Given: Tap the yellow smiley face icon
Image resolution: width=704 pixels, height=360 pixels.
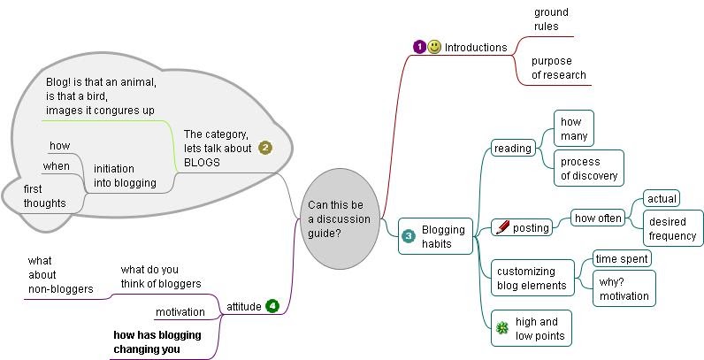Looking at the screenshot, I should pos(434,47).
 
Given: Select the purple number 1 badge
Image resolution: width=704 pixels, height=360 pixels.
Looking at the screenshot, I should pos(419,47).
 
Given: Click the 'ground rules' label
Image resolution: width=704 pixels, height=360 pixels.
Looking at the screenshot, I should pos(551,19).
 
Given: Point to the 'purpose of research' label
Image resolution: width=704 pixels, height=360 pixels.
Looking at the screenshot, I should pos(558,68).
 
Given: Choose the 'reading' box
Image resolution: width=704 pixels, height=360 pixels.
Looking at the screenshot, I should pos(513,149).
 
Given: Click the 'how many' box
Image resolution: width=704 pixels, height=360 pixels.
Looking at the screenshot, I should pos(572,129).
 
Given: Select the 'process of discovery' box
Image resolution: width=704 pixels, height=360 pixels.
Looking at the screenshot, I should pos(588,168).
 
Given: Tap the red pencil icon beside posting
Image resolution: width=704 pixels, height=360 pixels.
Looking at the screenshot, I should pos(502,227).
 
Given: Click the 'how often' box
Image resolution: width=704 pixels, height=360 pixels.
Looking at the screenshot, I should pos(597,218).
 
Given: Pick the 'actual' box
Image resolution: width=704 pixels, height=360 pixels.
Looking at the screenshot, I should pos(661,198).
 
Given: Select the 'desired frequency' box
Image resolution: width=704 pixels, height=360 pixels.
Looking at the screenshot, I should pos(672,228).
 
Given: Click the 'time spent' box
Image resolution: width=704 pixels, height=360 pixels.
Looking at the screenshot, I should pos(621,258).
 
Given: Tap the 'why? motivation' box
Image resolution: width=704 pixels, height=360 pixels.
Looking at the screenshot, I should pos(624,288).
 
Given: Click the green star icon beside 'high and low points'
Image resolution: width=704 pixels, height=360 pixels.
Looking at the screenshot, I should pos(502,328).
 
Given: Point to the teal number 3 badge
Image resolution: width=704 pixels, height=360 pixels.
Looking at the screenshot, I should pos(409,236).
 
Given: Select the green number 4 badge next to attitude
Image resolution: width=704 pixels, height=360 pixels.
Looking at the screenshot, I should pos(272,306).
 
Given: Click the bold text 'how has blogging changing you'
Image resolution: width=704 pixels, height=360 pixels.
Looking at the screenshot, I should pos(157,342).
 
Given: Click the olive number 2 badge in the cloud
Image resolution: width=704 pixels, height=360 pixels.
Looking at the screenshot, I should pos(264,148).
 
